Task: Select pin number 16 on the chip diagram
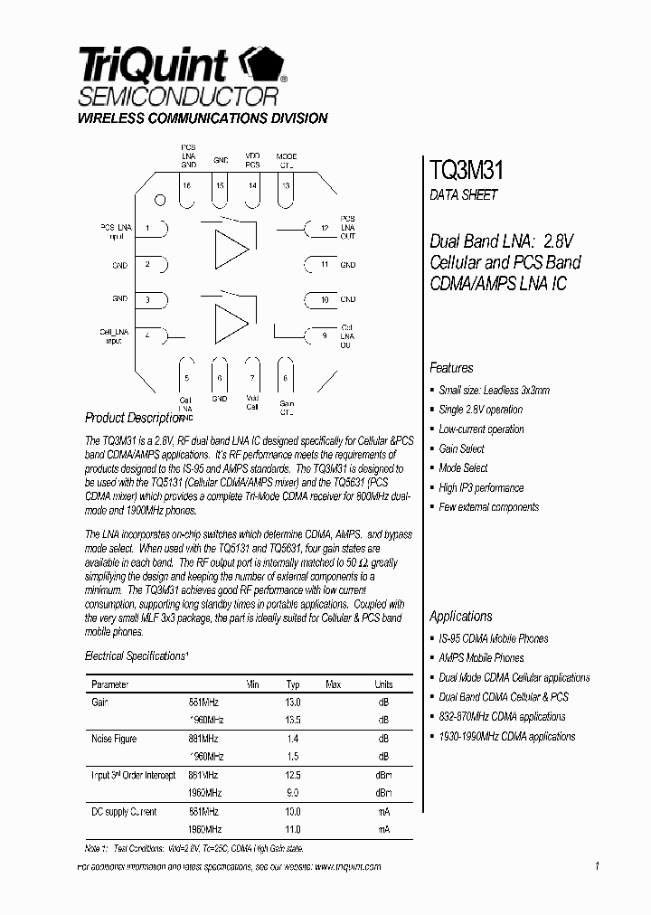coord(186,186)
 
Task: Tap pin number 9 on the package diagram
coord(324,335)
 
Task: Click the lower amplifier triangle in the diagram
coord(231,323)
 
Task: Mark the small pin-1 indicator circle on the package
coord(159,201)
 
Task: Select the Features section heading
coord(451,368)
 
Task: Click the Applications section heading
coord(461,616)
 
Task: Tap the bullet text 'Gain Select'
coord(461,448)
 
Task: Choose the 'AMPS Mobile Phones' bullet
coord(481,657)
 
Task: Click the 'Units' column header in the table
coord(383,684)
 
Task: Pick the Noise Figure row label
coord(115,739)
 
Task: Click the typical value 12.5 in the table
coord(293,775)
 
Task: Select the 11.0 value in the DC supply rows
coord(293,828)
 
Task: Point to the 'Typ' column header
coord(293,684)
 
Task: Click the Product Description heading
coord(133,418)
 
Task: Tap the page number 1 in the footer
coord(598,866)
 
